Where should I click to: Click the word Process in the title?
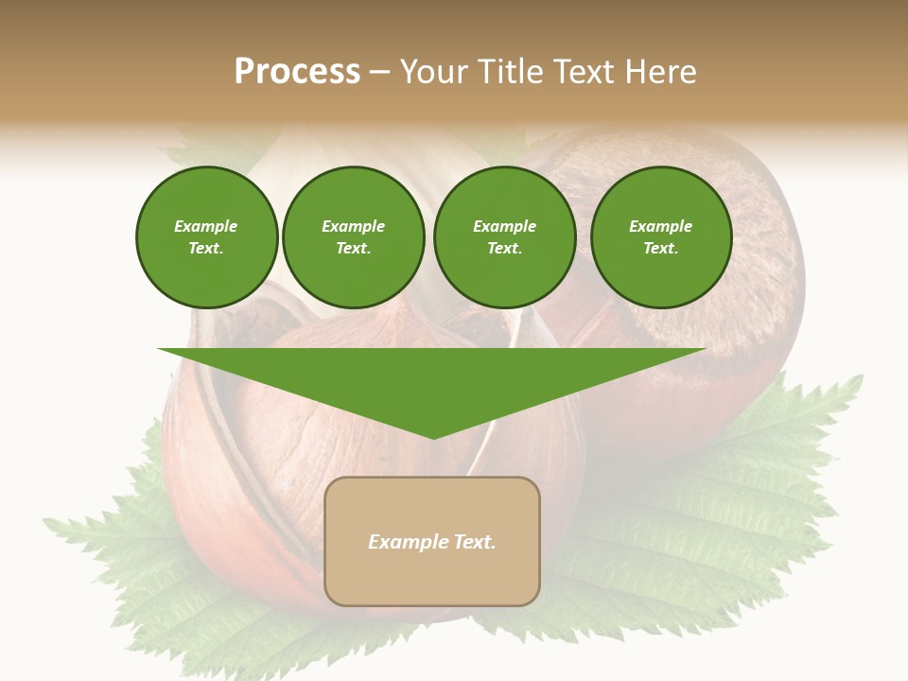[x=297, y=72]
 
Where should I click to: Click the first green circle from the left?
[x=206, y=237]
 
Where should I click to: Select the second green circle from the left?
[x=353, y=237]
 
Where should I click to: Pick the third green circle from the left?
[x=504, y=237]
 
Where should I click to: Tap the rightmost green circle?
[x=661, y=237]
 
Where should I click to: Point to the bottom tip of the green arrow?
[x=433, y=438]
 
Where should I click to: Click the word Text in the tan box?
[x=473, y=542]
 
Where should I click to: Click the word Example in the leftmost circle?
[x=206, y=226]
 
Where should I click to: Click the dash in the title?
[x=379, y=73]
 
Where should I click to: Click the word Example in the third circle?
[x=504, y=226]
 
